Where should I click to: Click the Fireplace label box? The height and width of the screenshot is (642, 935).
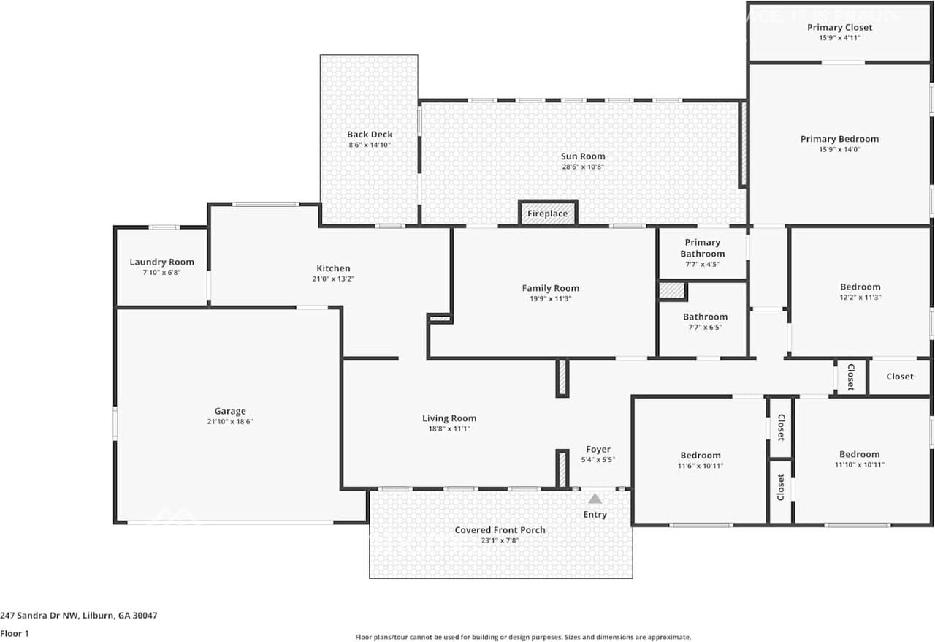tap(548, 214)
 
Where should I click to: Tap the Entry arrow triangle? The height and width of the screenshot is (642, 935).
tap(595, 499)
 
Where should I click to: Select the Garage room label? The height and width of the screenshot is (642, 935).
tap(230, 411)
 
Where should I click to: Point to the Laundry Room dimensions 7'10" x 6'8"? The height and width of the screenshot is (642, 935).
tap(161, 272)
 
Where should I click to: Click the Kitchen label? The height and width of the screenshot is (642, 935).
tap(333, 268)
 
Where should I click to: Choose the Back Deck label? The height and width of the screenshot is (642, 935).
tap(370, 135)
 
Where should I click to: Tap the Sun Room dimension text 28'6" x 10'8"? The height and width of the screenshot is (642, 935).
tap(583, 167)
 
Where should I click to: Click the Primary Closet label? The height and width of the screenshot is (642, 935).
tap(839, 28)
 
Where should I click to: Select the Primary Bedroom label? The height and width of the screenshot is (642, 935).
tap(839, 139)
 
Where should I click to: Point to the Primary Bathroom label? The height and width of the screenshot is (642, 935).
tap(702, 248)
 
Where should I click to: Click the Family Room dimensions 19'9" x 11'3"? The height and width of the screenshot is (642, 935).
tap(551, 298)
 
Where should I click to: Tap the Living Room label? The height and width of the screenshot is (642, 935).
tap(449, 418)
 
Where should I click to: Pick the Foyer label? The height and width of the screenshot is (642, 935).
tap(598, 450)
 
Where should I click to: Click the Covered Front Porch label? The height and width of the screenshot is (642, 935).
tap(500, 530)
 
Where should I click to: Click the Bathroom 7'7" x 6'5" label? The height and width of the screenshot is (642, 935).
tap(705, 317)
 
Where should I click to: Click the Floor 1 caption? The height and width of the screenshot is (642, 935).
tap(15, 634)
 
